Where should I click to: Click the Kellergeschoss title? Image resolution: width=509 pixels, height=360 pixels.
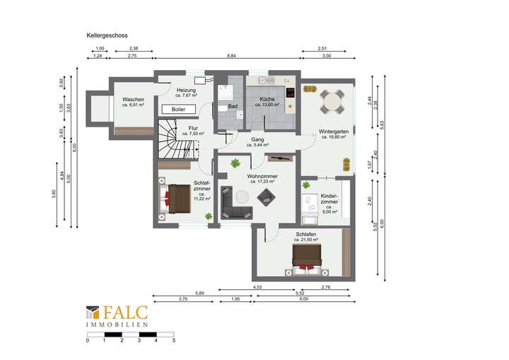[x=106, y=33]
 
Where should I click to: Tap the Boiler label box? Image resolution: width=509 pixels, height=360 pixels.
[x=179, y=110]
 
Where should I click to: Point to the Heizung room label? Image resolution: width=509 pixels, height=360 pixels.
[x=186, y=92]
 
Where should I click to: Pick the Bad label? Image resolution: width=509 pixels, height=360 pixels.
[x=232, y=106]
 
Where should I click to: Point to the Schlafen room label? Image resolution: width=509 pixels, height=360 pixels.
[x=306, y=234]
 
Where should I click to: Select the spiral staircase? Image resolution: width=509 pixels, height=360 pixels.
[x=175, y=139]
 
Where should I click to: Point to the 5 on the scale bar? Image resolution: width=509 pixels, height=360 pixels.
[x=174, y=340]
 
